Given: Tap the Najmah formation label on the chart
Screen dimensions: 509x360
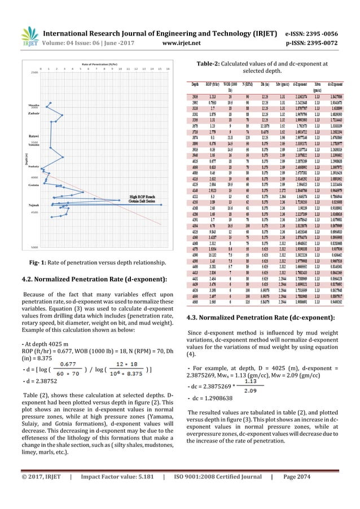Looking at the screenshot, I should tap(34, 205).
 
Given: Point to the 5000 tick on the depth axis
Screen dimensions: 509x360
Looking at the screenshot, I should tap(34, 247).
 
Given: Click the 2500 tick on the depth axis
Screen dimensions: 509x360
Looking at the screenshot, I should tap(34, 72).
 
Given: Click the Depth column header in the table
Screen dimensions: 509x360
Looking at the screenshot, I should tap(195, 83).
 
